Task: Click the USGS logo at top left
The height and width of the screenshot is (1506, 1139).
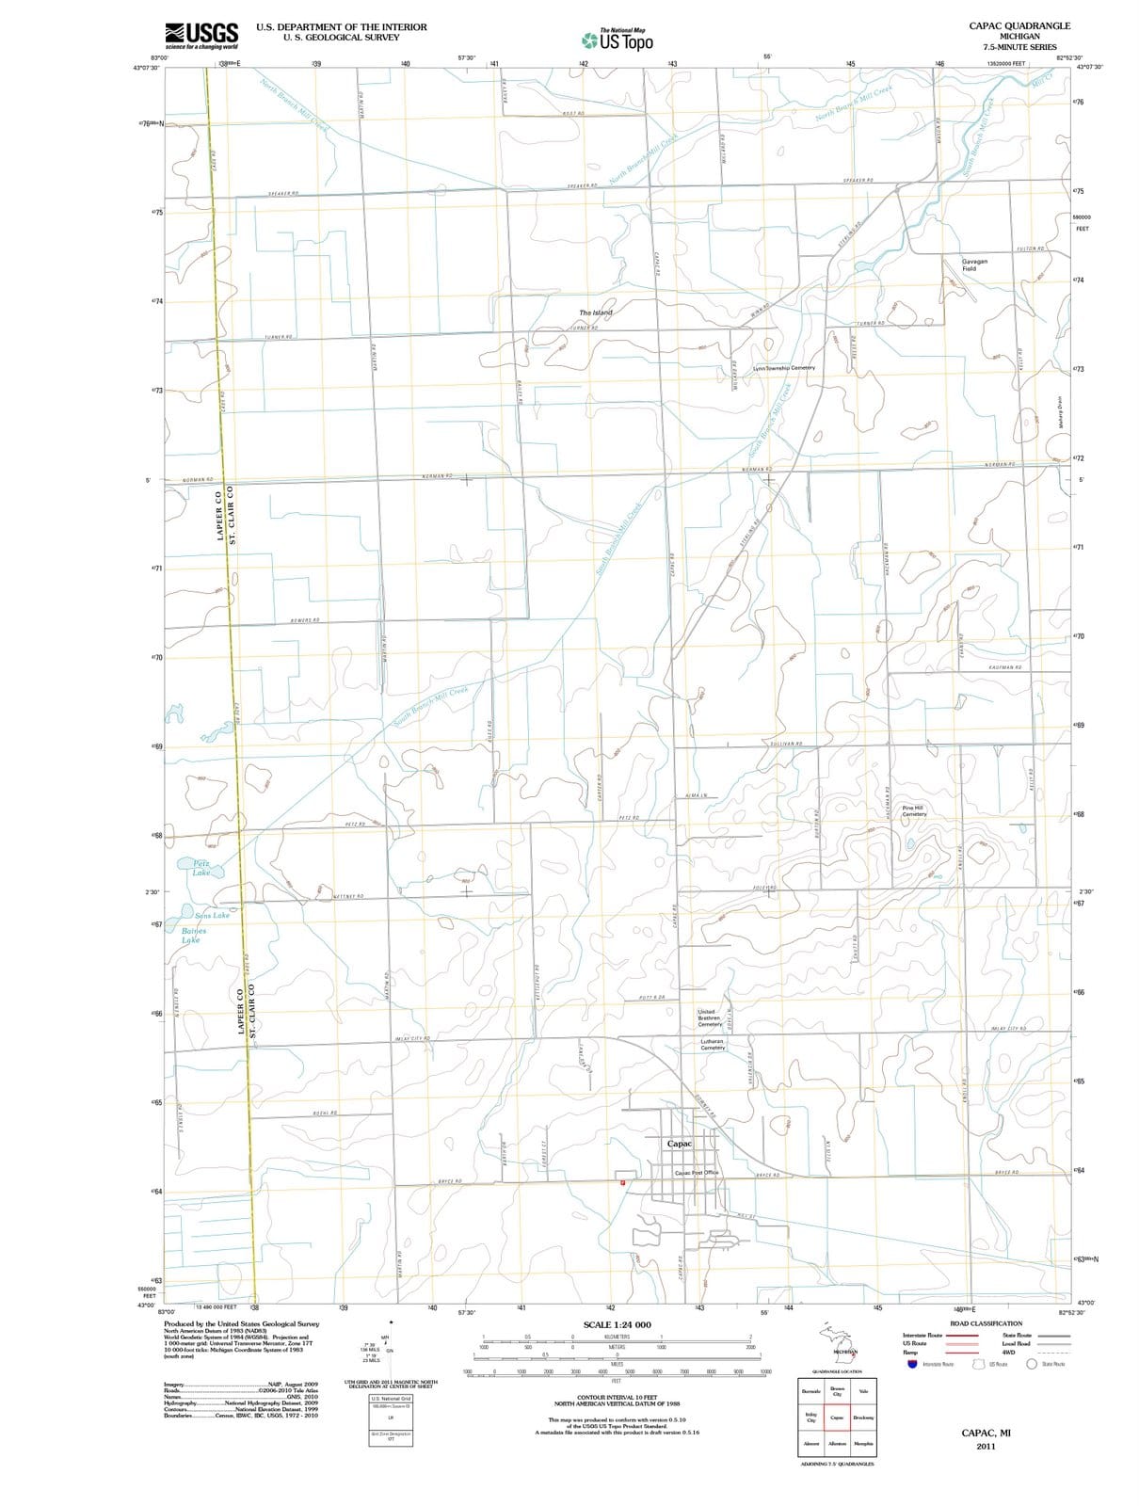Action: point(201,36)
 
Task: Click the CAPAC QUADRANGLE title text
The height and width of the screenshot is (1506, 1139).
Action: point(1019,26)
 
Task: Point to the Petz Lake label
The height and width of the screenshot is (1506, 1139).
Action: point(201,868)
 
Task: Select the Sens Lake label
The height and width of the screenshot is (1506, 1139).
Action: point(212,915)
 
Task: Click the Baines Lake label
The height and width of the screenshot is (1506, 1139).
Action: point(191,935)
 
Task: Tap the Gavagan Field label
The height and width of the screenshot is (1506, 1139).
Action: point(974,264)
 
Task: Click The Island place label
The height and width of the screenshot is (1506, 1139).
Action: point(595,312)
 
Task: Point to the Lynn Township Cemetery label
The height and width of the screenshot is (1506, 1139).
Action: point(783,368)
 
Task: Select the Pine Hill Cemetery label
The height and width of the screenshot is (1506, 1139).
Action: point(913,810)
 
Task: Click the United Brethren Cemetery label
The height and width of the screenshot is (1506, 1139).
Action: point(709,1017)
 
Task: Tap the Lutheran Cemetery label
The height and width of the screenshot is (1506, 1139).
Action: point(713,1045)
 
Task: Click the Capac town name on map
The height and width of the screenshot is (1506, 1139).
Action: point(679,1144)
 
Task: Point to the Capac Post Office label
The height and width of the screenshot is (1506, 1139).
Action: point(697,1173)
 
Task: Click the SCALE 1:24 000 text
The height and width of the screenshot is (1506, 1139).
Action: point(617,1324)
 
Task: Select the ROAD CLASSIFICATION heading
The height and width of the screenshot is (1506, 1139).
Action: point(986,1323)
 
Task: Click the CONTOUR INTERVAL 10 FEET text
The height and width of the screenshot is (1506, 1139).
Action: point(617,1397)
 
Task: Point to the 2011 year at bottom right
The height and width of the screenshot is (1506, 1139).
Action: point(986,1446)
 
